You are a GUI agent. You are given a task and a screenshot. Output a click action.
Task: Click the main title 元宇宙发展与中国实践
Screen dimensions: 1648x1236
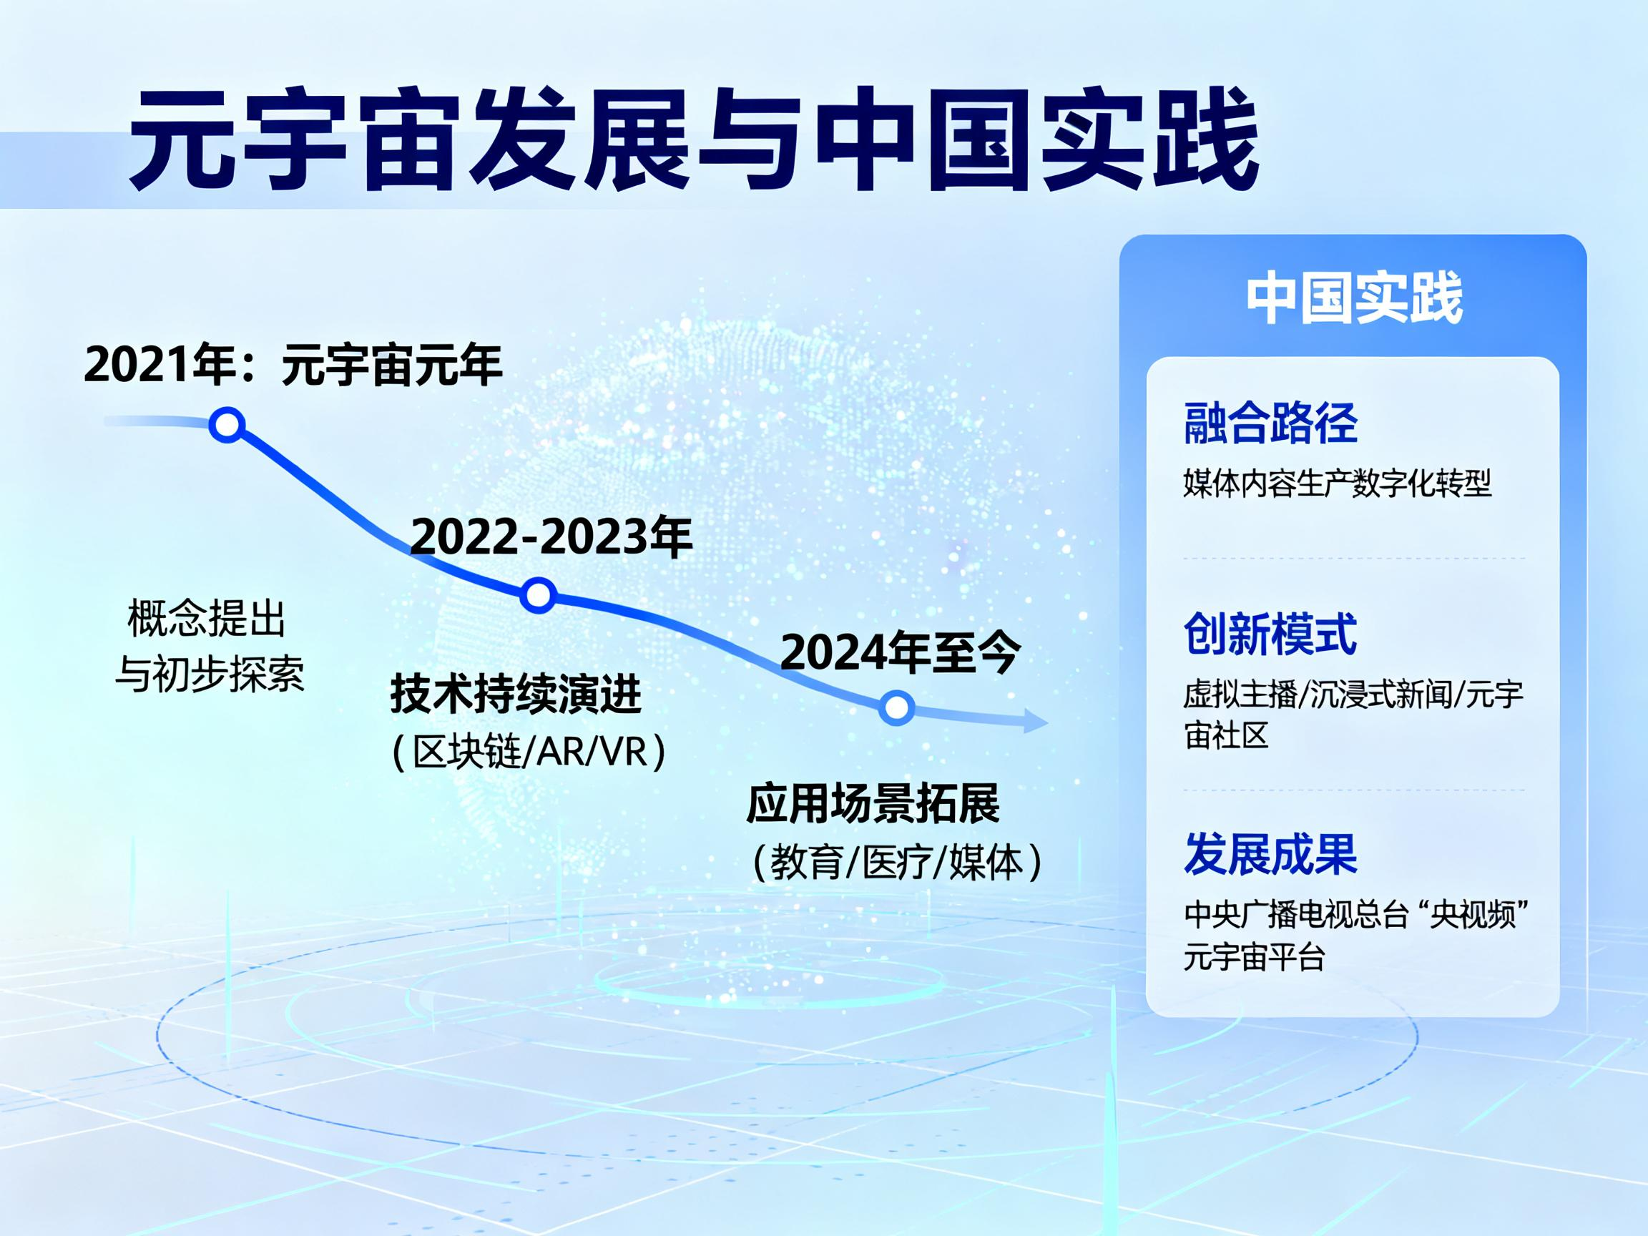tap(695, 139)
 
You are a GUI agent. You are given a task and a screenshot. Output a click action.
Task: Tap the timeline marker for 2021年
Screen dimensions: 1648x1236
tap(227, 425)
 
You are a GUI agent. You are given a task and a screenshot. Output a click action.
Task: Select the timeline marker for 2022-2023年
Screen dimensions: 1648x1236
tap(538, 595)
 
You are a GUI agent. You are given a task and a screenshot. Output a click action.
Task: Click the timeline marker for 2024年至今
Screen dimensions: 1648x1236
tap(896, 706)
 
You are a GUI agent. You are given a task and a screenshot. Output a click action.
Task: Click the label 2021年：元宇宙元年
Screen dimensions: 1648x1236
tap(293, 365)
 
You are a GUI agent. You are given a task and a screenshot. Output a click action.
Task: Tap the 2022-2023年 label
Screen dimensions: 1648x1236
tap(551, 536)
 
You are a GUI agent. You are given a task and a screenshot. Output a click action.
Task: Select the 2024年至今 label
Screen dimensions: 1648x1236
tap(900, 652)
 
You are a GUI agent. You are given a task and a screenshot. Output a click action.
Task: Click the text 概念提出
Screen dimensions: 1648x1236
tap(207, 619)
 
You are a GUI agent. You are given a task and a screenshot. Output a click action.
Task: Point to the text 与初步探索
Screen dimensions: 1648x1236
tap(210, 675)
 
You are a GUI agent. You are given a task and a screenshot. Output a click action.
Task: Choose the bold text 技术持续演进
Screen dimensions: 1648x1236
tap(516, 695)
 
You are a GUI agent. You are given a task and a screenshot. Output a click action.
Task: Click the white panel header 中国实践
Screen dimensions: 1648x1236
tap(1355, 299)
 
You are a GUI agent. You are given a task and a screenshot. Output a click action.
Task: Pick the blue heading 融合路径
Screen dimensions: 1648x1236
tap(1270, 423)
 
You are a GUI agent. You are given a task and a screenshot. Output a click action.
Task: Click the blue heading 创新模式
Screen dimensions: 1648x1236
tap(1270, 634)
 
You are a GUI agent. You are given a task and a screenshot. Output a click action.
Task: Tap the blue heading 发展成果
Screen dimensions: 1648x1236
tap(1270, 854)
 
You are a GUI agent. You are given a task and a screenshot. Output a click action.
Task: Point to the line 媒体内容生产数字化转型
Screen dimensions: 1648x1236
tap(1338, 484)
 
